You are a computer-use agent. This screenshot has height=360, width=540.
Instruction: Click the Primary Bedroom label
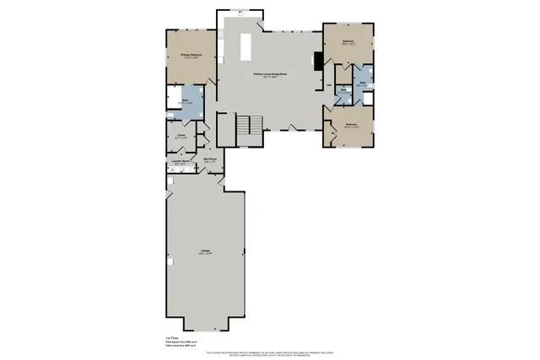pyautogui.click(x=190, y=56)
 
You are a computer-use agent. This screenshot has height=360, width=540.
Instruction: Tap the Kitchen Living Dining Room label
pyautogui.click(x=269, y=75)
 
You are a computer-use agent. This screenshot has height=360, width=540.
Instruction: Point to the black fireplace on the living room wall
pyautogui.click(x=317, y=60)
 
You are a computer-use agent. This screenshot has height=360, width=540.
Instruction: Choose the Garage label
pyautogui.click(x=205, y=251)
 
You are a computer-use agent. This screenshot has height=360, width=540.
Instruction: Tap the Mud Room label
pyautogui.click(x=210, y=159)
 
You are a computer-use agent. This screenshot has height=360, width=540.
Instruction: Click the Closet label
pyautogui.click(x=181, y=135)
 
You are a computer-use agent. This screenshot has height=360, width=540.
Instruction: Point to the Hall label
pyautogui.click(x=329, y=85)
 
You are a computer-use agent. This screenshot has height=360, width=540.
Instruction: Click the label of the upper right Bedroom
pyautogui.click(x=348, y=42)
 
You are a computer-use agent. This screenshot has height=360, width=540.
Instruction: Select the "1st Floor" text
pyautogui.click(x=171, y=336)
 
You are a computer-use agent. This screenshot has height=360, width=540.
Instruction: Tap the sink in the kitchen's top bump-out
pyautogui.click(x=240, y=13)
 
